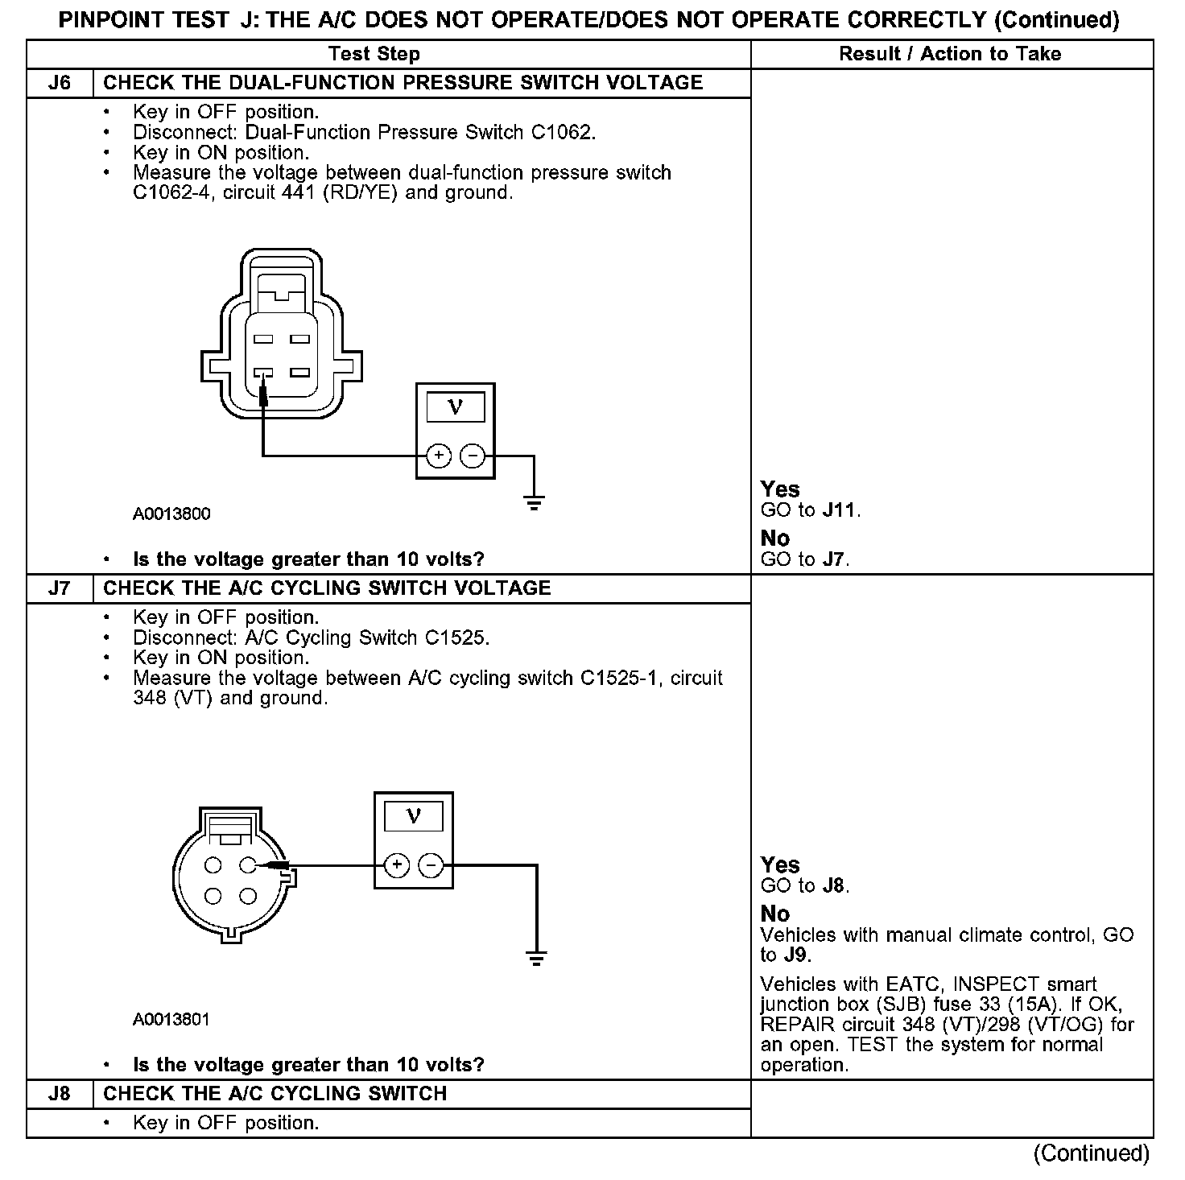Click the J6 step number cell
[60, 83]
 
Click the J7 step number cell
[60, 588]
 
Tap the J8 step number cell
[60, 1094]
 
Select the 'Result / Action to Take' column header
[950, 54]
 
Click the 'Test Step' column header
[374, 54]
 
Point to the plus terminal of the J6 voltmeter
[439, 456]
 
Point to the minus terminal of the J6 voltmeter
[472, 456]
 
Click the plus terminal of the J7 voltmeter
[397, 865]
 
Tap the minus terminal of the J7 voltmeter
[431, 865]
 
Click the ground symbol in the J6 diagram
[534, 504]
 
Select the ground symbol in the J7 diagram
[536, 958]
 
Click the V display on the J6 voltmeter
[456, 407]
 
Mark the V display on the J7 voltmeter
[414, 816]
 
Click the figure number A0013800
[171, 514]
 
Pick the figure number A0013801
[171, 1020]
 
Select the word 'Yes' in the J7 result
[780, 865]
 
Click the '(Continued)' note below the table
[1091, 1153]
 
